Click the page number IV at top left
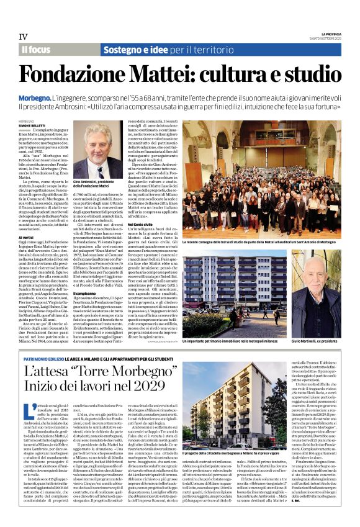tap(23, 37)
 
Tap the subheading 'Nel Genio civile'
tap(140, 223)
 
